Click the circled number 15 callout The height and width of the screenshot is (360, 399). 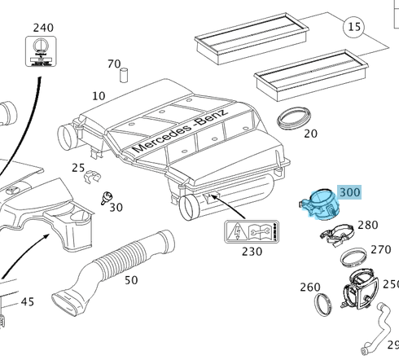pos(354,27)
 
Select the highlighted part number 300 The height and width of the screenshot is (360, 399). pos(350,192)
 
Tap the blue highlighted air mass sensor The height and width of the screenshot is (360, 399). pos(320,204)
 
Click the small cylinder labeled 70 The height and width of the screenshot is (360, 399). pos(124,75)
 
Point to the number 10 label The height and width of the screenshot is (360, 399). pos(99,96)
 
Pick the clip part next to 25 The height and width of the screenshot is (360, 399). pos(92,177)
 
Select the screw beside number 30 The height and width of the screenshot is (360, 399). pos(107,198)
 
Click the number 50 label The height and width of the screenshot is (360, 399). pos(131,280)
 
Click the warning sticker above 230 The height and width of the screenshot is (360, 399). pos(252,231)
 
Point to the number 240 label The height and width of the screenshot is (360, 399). pos(43,28)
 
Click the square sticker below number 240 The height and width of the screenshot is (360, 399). pos(41,51)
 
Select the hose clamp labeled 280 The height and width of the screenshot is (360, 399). pos(337,235)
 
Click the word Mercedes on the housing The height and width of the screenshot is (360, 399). pos(161,138)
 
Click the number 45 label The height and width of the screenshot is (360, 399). pos(28,301)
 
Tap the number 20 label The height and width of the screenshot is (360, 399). pos(310,134)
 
